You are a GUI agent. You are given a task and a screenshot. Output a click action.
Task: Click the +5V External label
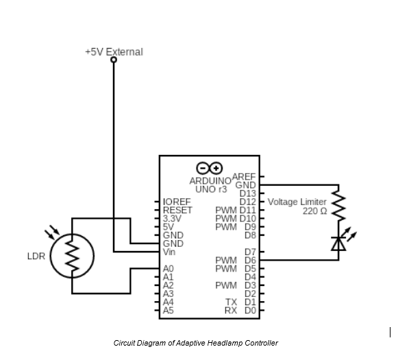[114, 51]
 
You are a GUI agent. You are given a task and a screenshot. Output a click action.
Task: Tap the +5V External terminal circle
[114, 60]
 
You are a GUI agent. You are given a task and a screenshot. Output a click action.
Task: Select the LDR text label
[36, 256]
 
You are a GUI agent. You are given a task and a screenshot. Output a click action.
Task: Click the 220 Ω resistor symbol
[338, 204]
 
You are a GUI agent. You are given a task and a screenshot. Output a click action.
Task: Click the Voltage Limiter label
[297, 202]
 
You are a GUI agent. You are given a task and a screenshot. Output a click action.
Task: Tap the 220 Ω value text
[314, 211]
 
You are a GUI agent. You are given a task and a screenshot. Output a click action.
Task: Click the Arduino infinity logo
[210, 168]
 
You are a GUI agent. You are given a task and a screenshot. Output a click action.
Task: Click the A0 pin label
[169, 269]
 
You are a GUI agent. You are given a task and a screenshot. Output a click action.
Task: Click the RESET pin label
[177, 211]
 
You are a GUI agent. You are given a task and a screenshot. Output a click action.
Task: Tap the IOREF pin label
[176, 202]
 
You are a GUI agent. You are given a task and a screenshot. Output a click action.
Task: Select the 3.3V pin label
[172, 219]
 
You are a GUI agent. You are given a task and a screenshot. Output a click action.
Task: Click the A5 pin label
[169, 310]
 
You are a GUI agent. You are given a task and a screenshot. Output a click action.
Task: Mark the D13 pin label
[247, 194]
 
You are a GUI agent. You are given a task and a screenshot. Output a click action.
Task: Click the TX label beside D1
[231, 302]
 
